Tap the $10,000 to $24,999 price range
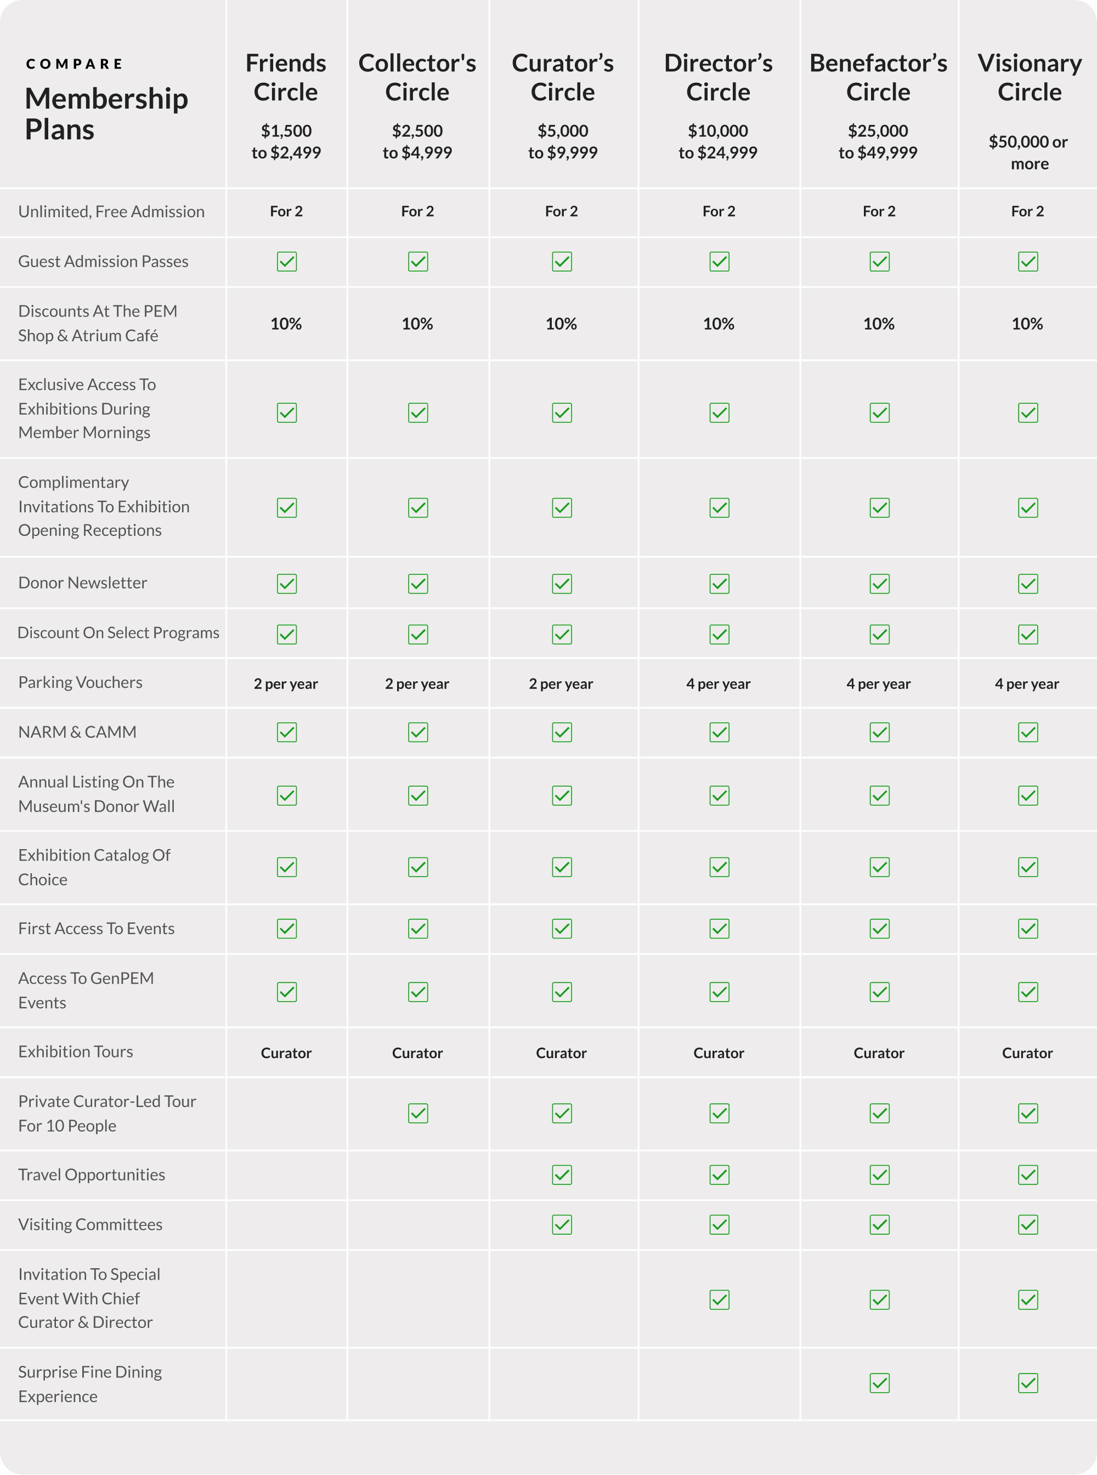[x=718, y=142]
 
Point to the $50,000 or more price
[x=1028, y=152]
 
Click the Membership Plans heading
[x=106, y=114]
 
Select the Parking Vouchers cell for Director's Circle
[x=718, y=683]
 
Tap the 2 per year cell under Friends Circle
[x=286, y=683]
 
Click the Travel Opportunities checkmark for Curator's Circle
[x=562, y=1175]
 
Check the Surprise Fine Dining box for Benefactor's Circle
[x=879, y=1383]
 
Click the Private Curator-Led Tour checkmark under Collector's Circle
[x=418, y=1113]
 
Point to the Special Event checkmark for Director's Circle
[x=719, y=1299]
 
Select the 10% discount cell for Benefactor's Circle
[x=879, y=324]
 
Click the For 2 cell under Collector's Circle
[x=417, y=211]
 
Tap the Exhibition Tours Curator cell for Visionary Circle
[x=1027, y=1053]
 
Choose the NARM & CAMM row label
[x=77, y=732]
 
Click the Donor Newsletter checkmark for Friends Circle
[x=287, y=584]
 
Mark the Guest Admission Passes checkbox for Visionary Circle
[x=1028, y=262]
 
